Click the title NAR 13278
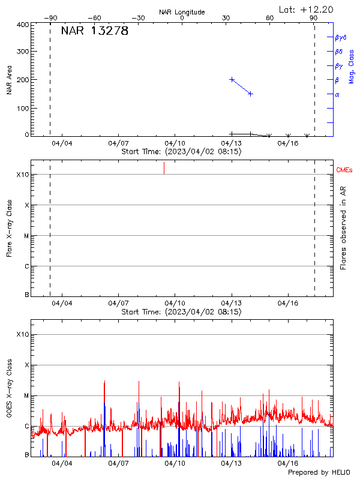(x=95, y=32)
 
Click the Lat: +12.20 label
(x=307, y=9)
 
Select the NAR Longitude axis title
(x=182, y=12)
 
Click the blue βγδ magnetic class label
(x=340, y=37)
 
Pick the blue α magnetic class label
(x=337, y=94)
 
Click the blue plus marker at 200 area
(x=232, y=79)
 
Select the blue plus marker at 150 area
(x=250, y=94)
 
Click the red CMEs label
(x=344, y=170)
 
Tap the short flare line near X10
(x=164, y=168)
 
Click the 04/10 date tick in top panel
(x=175, y=143)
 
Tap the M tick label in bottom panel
(x=26, y=396)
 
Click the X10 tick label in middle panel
(x=23, y=175)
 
